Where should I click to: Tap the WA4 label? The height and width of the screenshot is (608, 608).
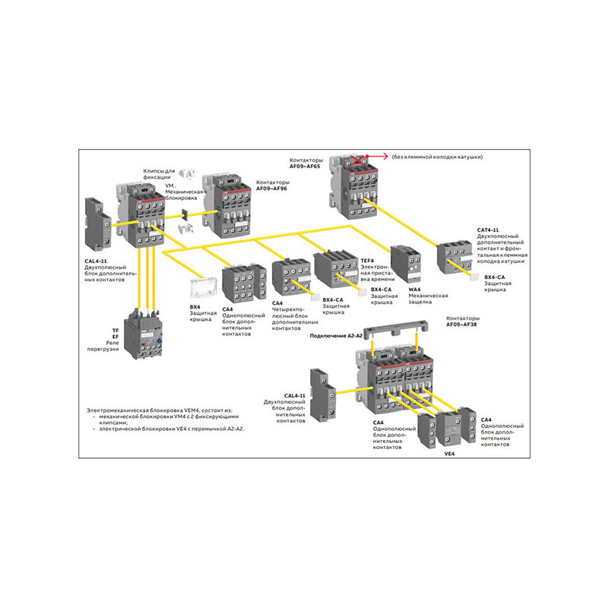pos(415,290)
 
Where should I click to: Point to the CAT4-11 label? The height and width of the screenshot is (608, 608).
pos(488,230)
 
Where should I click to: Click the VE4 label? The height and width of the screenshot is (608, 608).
pos(448,454)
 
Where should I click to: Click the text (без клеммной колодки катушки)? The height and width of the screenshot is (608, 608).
pos(437,157)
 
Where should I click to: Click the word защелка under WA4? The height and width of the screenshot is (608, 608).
pos(421,302)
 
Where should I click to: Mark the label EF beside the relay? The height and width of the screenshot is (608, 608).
pos(116,336)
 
